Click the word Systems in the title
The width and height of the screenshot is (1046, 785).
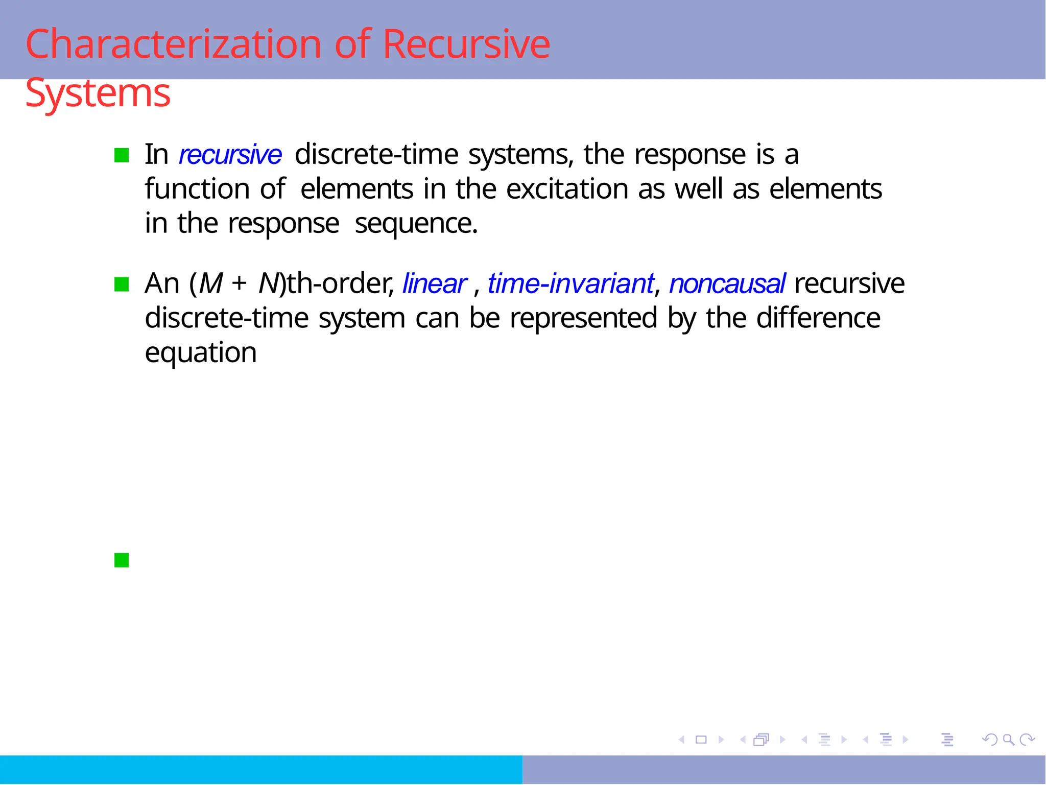click(x=98, y=93)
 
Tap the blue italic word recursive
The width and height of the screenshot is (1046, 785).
click(x=230, y=155)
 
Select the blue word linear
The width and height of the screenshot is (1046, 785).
click(x=435, y=284)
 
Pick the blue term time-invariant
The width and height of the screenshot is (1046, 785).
click(x=570, y=284)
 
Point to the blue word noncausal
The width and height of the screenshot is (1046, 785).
click(x=727, y=284)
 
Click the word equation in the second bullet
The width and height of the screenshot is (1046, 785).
click(x=201, y=353)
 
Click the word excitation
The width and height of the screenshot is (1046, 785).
click(x=567, y=189)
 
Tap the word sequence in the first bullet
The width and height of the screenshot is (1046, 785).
click(x=416, y=224)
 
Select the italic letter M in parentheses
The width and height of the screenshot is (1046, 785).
click(x=211, y=284)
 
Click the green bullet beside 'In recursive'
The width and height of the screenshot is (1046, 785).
click(x=122, y=155)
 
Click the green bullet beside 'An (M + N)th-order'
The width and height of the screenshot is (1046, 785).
click(x=122, y=284)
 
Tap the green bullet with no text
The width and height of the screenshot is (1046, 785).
click(x=122, y=560)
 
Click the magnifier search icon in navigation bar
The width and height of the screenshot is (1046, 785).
click(x=1008, y=739)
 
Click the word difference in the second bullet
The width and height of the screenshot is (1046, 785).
click(x=818, y=318)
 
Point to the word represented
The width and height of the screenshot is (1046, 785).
click(x=583, y=318)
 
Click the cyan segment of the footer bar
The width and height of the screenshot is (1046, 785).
click(x=260, y=770)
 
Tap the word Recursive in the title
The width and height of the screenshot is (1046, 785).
click(x=466, y=44)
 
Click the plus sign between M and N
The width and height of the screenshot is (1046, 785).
click(x=239, y=284)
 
